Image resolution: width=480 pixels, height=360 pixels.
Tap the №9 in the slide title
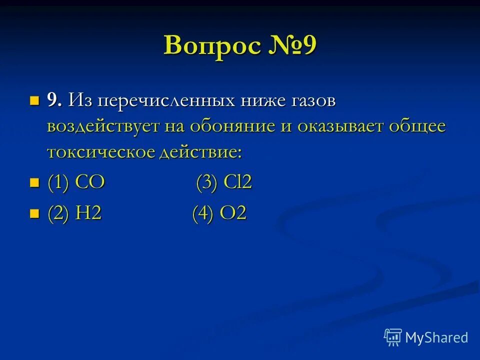point(292,46)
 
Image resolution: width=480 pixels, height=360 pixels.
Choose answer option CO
point(90,182)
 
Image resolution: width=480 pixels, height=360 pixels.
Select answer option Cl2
point(237,182)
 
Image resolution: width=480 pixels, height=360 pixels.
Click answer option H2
point(88,213)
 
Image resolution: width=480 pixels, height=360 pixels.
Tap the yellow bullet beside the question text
point(34,100)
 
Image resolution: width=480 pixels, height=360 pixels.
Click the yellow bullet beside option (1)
point(34,183)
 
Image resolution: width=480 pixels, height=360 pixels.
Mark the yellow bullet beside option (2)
point(34,214)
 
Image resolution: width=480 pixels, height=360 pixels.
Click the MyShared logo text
point(436,337)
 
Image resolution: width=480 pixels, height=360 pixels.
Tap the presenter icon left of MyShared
point(393,337)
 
